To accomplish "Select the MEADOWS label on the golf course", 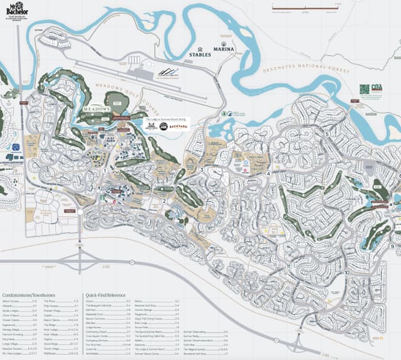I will [x=96, y=109].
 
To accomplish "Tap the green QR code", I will [x=363, y=89].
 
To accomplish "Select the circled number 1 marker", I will [x=104, y=170].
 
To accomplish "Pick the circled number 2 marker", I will [x=164, y=201].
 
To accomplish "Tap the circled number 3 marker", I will [x=202, y=170].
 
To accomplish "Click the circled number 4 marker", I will [x=268, y=173].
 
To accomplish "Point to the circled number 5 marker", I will [x=326, y=134].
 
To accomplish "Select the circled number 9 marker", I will [x=392, y=247].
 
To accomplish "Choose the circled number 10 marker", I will [x=346, y=273].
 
